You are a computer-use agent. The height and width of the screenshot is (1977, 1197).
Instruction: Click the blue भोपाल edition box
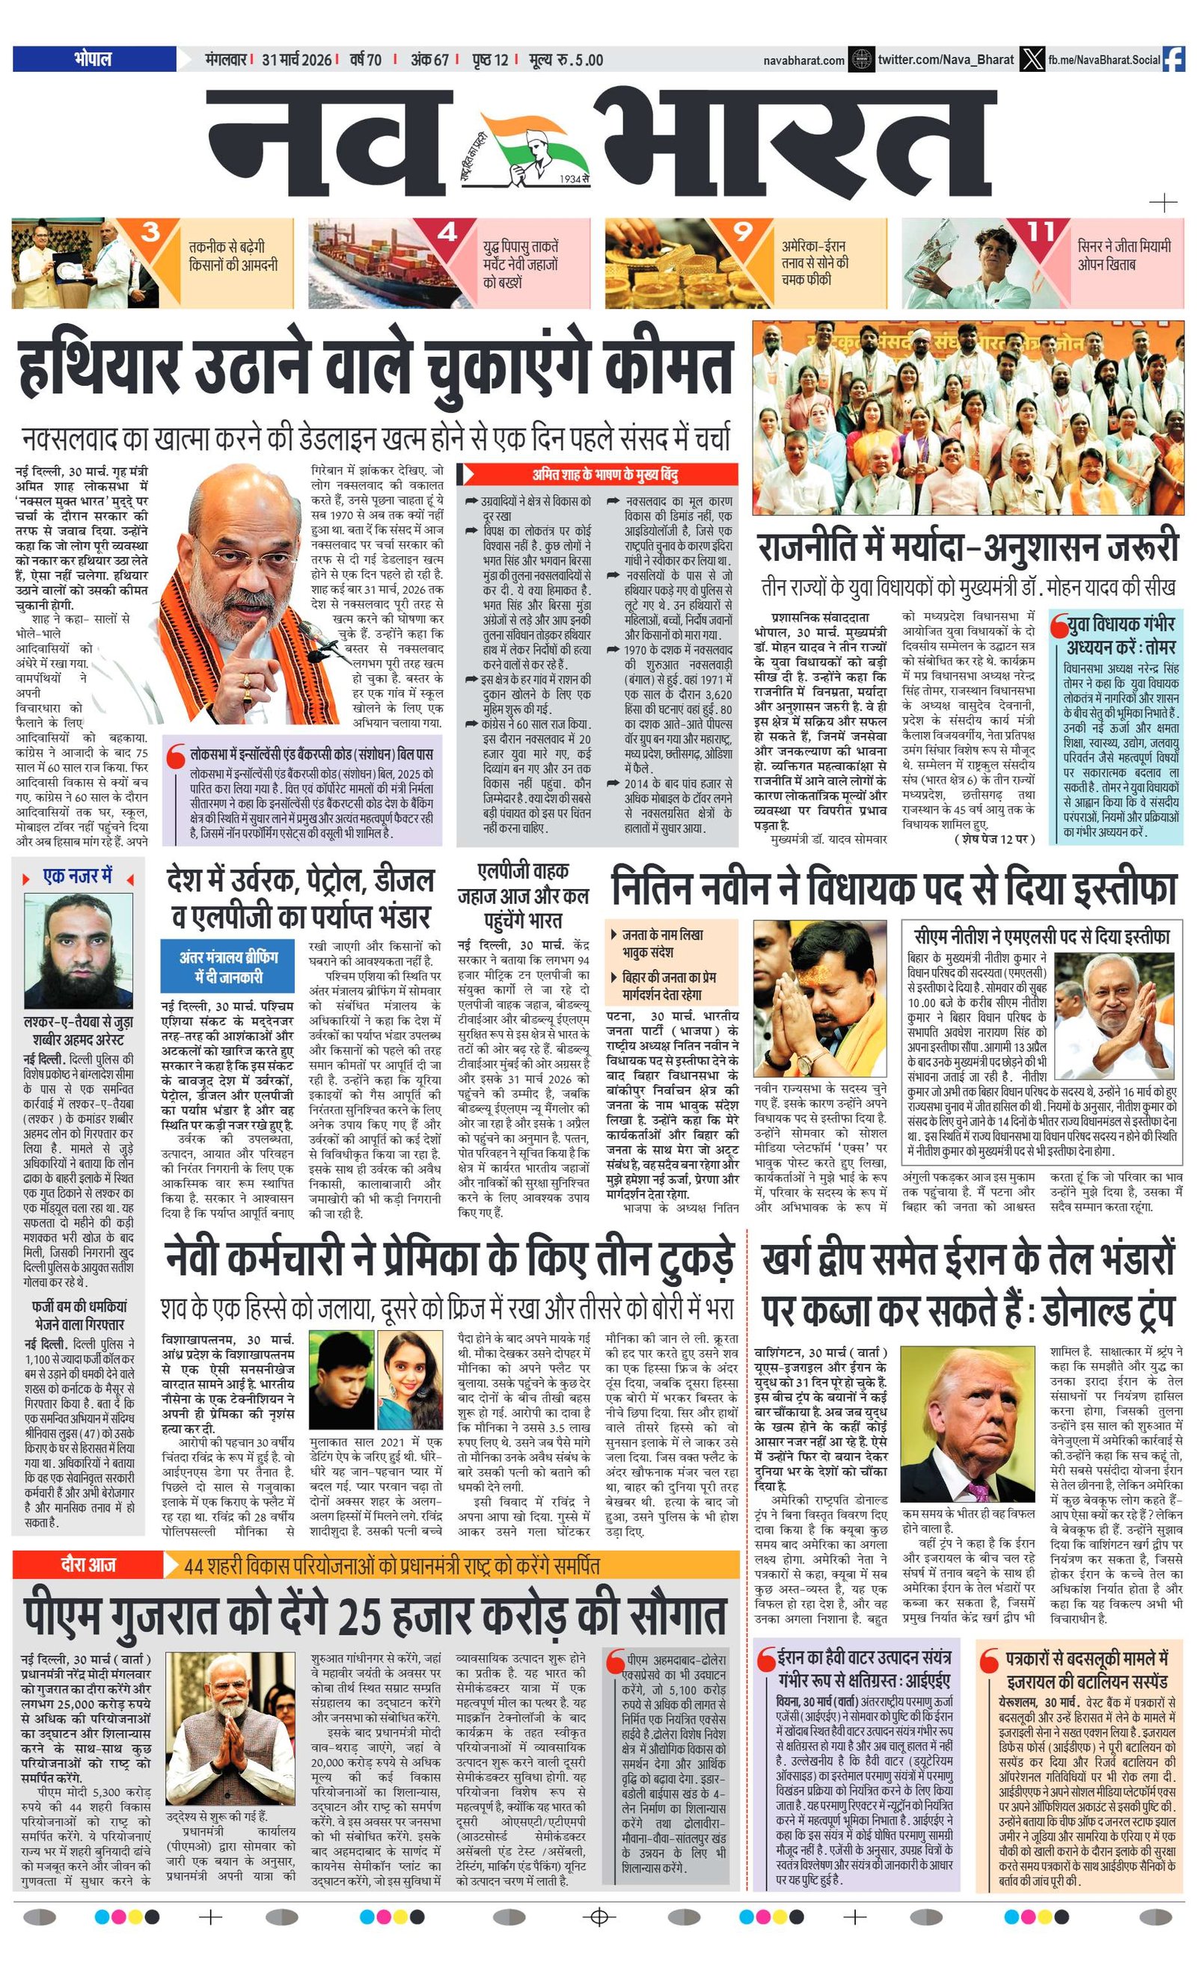click(94, 58)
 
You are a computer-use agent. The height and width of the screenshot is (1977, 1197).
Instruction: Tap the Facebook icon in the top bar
click(1173, 59)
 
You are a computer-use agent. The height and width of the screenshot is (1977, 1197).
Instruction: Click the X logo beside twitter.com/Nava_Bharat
click(1032, 59)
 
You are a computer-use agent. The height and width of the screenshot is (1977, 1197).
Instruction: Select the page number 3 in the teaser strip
click(150, 233)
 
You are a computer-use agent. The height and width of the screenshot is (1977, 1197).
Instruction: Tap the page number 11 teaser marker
click(1041, 233)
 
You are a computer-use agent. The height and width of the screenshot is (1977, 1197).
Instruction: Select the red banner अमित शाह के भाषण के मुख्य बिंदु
click(597, 475)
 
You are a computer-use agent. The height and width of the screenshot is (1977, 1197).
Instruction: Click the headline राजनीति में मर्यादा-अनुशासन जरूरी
click(967, 548)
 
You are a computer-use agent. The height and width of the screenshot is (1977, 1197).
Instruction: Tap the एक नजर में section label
click(77, 876)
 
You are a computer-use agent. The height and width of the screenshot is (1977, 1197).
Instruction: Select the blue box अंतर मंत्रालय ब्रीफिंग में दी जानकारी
click(229, 968)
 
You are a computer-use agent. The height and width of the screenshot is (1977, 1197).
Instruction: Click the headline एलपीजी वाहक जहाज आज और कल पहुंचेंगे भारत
click(523, 894)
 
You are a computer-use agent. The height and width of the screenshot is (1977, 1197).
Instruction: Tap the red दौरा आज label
click(88, 1564)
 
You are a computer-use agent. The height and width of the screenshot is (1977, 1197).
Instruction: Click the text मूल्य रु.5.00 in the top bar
click(566, 59)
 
